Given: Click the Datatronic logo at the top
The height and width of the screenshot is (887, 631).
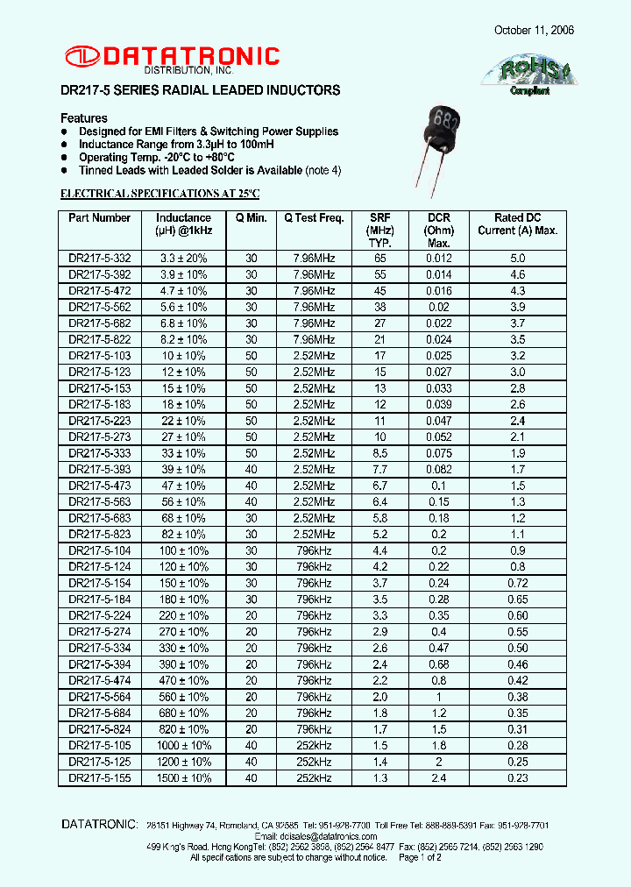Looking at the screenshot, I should [x=171, y=58].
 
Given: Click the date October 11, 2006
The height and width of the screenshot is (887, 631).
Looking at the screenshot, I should [x=534, y=30].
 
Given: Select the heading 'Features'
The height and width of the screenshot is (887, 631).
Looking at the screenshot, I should [x=84, y=118].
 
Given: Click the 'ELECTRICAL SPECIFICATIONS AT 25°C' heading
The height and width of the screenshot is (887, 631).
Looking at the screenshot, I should [x=160, y=193].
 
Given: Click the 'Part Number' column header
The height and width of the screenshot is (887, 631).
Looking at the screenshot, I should [x=99, y=218].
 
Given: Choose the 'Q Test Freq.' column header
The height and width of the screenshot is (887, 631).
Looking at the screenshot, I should [x=313, y=218].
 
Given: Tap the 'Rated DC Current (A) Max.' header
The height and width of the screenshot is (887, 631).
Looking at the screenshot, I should [x=517, y=224].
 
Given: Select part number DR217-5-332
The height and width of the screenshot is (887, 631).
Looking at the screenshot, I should [x=99, y=259].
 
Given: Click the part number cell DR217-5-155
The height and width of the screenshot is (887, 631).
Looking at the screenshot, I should [x=99, y=777].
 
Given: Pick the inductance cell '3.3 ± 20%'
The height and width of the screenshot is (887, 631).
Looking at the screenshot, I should [x=183, y=259].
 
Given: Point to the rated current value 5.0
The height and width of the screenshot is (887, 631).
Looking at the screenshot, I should [x=517, y=259].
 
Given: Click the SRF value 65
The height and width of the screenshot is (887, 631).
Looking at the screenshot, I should [x=379, y=259].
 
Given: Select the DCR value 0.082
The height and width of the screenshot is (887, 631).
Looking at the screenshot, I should [x=439, y=469].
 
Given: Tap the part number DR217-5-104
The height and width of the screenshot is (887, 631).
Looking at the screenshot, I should [x=99, y=550].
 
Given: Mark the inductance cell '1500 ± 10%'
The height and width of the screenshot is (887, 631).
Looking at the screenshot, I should [x=183, y=777].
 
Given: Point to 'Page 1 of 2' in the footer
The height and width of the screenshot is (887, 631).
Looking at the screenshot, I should [x=420, y=857].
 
